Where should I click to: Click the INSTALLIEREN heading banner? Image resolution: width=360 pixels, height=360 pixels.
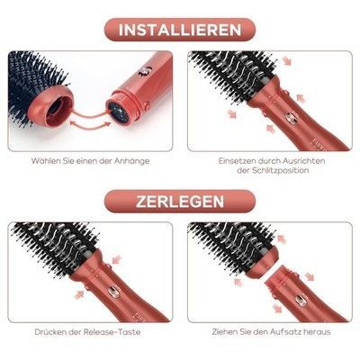point(180,30)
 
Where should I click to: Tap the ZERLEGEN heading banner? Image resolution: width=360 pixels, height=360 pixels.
point(180,202)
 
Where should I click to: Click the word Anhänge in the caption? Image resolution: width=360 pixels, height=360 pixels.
point(131,161)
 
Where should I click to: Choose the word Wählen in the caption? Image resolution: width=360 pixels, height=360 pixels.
point(46,161)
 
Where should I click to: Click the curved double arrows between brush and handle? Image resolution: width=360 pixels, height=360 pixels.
point(87,119)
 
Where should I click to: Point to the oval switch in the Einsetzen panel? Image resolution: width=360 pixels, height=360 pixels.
point(289,118)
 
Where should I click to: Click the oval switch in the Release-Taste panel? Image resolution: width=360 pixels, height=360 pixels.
point(113,292)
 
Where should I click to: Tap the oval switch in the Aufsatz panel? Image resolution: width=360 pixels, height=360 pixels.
point(300,300)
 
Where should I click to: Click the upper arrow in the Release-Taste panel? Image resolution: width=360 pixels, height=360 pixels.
point(116,258)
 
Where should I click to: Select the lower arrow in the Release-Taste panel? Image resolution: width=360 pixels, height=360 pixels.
point(79,295)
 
